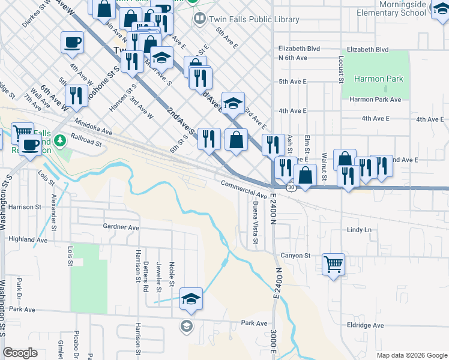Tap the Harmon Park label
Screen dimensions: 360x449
(x=378, y=79)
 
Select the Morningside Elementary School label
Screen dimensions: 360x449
(x=390, y=8)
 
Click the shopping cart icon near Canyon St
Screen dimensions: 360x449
(x=334, y=263)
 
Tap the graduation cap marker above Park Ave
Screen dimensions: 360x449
(x=191, y=299)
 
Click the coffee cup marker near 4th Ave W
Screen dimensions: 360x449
(x=72, y=42)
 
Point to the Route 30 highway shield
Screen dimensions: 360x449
(x=291, y=188)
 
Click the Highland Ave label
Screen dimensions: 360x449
(x=28, y=239)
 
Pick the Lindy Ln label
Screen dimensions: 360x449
(x=359, y=230)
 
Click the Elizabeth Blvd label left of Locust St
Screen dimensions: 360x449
(x=299, y=49)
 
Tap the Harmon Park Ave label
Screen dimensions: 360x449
(x=375, y=100)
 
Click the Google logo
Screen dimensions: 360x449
(x=20, y=353)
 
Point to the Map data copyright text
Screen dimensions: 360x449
(x=411, y=355)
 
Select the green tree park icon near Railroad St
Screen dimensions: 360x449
(x=59, y=141)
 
